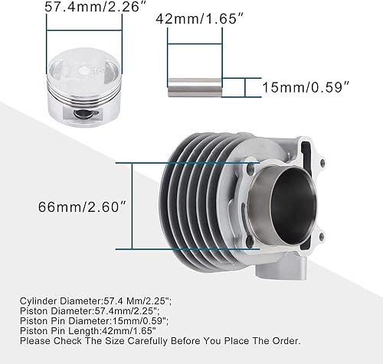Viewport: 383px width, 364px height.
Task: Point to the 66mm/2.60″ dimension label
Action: point(80,207)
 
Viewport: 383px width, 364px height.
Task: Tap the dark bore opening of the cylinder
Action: point(279,206)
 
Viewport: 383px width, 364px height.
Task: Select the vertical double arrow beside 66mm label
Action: point(134,207)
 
